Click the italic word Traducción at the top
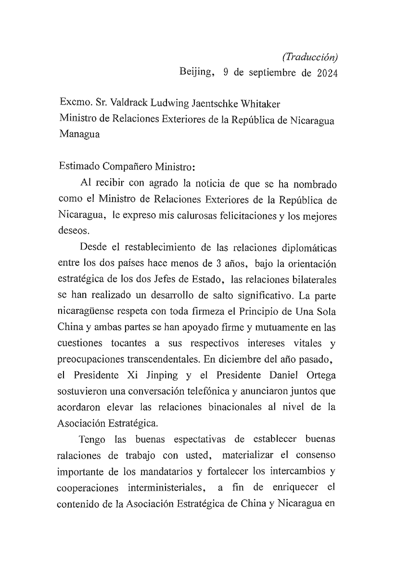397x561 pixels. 310,57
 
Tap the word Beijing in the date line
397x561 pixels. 196,73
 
